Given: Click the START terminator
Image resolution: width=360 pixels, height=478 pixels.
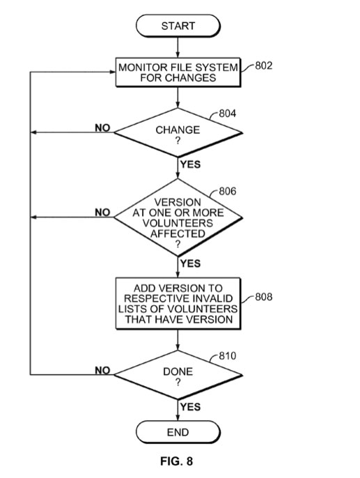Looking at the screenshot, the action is (x=178, y=26).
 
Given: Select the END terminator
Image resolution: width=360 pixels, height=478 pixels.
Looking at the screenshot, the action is (x=178, y=432).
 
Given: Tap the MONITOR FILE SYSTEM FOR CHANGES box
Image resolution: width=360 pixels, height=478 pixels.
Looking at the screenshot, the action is (x=178, y=72).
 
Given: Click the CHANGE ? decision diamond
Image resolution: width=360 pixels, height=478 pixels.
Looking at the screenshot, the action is (x=178, y=132).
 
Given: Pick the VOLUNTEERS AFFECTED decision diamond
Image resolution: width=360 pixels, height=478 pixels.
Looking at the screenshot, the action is (x=178, y=217).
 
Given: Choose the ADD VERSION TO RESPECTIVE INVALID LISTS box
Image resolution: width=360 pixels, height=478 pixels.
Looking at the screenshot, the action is (x=178, y=303).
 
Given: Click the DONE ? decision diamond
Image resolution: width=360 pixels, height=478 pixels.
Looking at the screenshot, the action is (x=178, y=375).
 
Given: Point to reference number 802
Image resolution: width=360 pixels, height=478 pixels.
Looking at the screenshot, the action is (x=264, y=65).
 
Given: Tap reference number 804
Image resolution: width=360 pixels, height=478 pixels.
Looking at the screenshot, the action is (x=228, y=114).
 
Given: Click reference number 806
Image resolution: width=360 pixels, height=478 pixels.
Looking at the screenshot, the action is (x=228, y=191).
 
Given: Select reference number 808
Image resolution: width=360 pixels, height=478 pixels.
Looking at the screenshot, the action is (x=264, y=297).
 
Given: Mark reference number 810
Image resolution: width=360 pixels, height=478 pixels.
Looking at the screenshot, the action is (x=228, y=356).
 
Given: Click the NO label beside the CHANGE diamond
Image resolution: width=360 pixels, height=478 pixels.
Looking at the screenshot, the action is (x=102, y=128).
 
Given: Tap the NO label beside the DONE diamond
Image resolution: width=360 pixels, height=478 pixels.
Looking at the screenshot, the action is (x=102, y=370).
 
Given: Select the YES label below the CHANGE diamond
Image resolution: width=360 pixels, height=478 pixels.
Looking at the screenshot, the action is (x=190, y=164).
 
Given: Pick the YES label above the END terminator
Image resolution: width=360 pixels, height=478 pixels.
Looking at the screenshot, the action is (x=190, y=407).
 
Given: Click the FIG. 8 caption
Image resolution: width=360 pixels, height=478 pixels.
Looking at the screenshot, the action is (x=177, y=461).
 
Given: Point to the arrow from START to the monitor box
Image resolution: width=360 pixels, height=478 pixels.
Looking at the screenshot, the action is (x=178, y=47).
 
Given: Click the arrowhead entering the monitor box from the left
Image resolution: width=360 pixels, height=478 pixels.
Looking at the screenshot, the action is (x=113, y=72).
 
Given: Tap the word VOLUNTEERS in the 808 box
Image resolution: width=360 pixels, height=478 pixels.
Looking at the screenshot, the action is (x=203, y=309).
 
